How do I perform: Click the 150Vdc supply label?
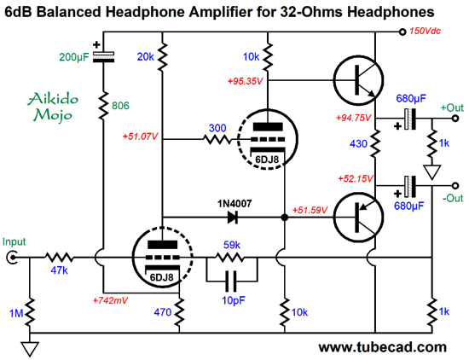point(425,31)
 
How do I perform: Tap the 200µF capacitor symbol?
point(103,56)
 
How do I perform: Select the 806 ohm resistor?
point(103,106)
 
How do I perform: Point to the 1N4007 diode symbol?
point(233,217)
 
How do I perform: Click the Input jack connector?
point(12,258)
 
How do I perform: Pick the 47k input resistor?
point(59,258)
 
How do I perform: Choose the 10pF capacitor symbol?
point(231,281)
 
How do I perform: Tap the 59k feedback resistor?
point(229,258)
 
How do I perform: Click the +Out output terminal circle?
point(455,119)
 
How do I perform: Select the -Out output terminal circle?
point(455,186)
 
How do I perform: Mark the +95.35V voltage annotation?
point(246,81)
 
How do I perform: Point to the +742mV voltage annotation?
point(111,300)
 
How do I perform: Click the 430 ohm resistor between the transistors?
point(375,143)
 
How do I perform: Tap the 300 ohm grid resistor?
point(217,139)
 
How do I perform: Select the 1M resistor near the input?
point(30,312)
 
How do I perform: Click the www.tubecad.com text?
point(383,347)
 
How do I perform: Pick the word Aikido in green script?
point(53,99)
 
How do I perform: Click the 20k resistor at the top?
point(162,57)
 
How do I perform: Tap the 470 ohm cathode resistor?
point(179,312)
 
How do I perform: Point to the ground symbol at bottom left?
point(30,349)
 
